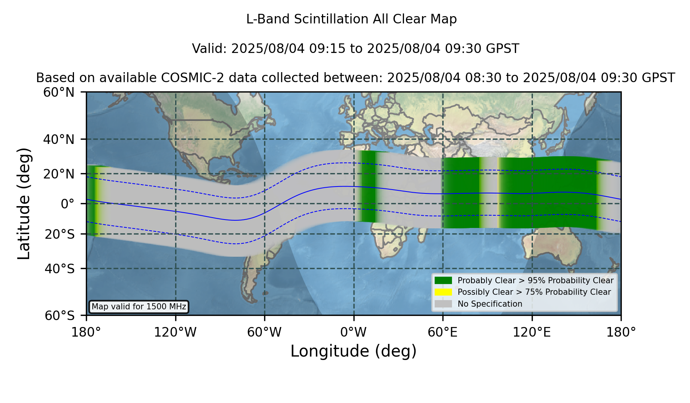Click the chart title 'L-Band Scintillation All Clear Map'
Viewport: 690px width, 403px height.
tap(352, 19)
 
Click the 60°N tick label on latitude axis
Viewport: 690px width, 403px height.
tap(59, 92)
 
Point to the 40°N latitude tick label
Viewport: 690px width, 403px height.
tap(59, 139)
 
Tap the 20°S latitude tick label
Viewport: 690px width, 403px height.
tap(60, 234)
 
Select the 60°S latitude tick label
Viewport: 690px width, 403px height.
tap(60, 315)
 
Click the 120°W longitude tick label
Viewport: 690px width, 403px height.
tap(175, 332)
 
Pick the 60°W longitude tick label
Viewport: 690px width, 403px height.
tap(264, 332)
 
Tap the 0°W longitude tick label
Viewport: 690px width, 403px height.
tap(353, 332)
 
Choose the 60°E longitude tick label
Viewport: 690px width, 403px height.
tap(443, 332)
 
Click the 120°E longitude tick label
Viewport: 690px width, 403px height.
tap(532, 332)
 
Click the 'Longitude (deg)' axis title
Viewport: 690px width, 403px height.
tap(353, 351)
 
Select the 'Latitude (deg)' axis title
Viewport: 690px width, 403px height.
tap(24, 203)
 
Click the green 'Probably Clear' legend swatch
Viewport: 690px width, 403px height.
tap(444, 280)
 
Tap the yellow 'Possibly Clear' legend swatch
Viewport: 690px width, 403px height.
tap(444, 292)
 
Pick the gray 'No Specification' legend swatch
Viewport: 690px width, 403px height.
tap(444, 304)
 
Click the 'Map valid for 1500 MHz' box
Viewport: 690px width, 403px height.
tap(139, 307)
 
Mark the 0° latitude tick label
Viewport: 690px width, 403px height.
tap(67, 204)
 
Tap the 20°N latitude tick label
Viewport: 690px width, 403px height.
tap(59, 174)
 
